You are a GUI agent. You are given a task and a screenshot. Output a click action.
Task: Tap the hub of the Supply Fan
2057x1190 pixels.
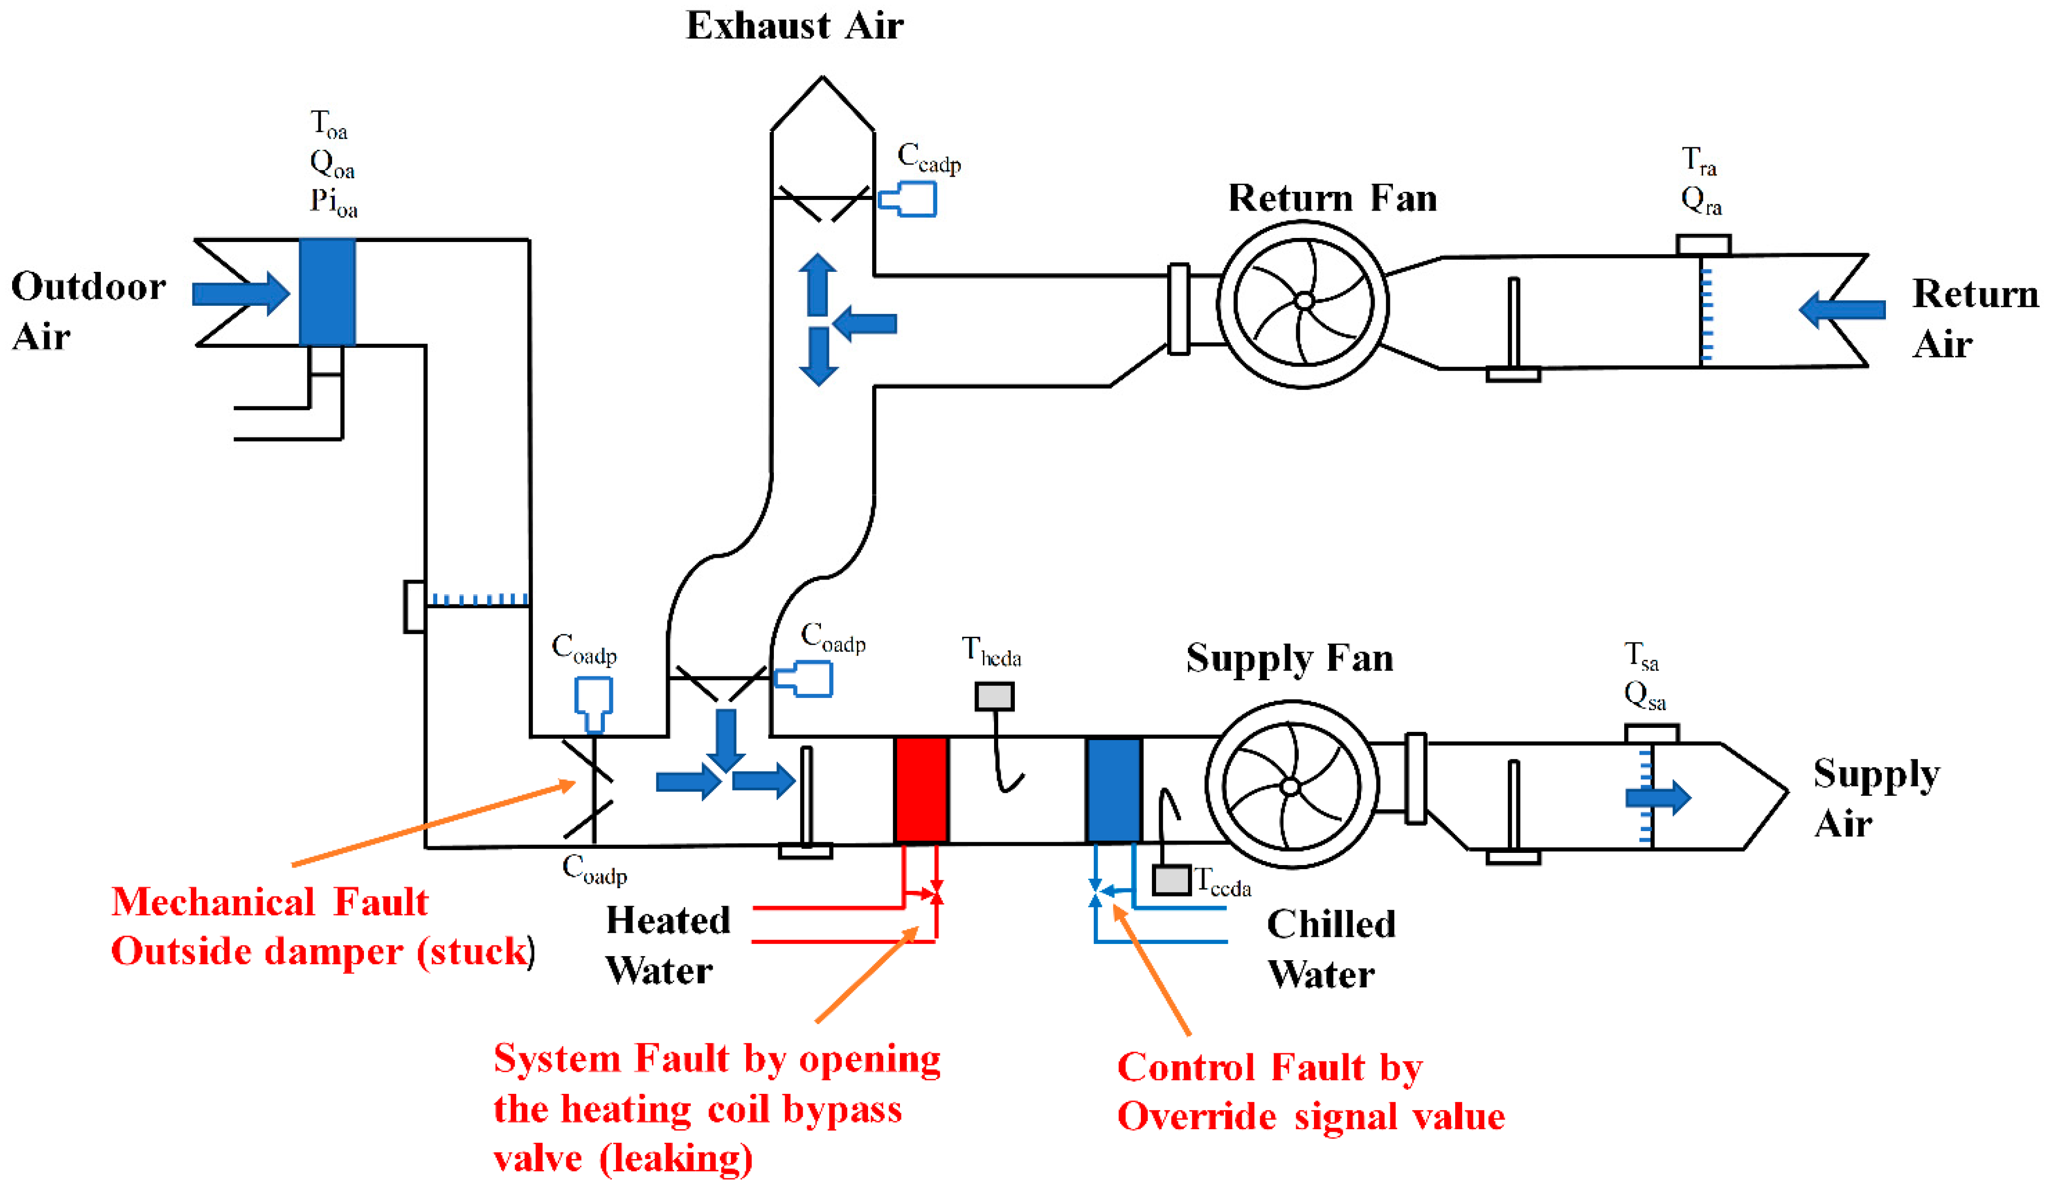1291,787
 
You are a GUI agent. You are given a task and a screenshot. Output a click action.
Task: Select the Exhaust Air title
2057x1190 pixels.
794,26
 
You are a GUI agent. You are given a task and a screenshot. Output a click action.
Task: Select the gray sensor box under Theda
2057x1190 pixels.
994,696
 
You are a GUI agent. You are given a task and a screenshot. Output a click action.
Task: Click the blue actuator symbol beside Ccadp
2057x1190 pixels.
909,199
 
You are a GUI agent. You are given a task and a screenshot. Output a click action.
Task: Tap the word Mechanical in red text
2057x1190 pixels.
212,902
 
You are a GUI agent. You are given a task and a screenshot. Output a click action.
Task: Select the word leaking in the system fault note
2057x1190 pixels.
676,1158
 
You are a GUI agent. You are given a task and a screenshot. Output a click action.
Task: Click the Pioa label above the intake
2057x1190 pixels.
333,201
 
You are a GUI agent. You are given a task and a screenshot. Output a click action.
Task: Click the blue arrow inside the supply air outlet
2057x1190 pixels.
1657,797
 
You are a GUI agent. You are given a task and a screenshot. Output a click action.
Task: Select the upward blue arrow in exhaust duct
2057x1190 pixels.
817,284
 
